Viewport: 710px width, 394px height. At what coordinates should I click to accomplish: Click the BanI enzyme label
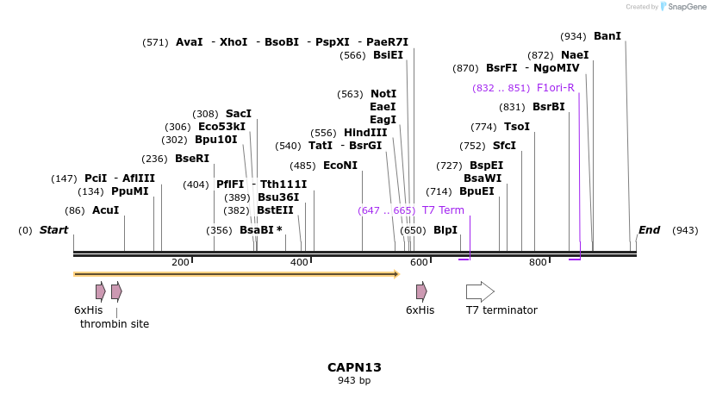607,36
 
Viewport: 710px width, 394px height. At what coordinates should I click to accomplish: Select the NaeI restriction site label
575,55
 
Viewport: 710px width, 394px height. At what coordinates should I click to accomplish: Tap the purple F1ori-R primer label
555,88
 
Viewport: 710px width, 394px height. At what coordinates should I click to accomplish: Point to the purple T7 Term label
443,210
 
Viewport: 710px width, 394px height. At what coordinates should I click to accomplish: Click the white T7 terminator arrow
480,291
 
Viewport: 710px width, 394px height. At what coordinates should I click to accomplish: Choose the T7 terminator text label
501,310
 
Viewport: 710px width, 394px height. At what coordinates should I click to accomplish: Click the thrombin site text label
115,324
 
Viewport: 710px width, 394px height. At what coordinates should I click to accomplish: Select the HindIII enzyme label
365,133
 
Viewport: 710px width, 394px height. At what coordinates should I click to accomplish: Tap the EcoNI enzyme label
340,166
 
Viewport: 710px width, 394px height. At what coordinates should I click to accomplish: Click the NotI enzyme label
383,94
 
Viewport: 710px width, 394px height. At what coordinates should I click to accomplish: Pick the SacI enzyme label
239,114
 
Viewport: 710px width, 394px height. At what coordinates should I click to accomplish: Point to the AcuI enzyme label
106,210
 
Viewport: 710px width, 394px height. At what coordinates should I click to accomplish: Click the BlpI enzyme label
445,230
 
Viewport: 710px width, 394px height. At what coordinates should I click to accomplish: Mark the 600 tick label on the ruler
419,262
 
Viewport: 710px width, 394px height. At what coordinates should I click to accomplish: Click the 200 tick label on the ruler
180,262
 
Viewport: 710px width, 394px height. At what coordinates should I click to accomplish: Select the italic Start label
53,230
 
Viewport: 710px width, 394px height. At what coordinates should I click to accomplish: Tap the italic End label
649,230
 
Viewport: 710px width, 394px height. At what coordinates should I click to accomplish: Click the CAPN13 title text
354,367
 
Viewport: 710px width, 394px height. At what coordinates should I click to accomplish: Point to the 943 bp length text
354,380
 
